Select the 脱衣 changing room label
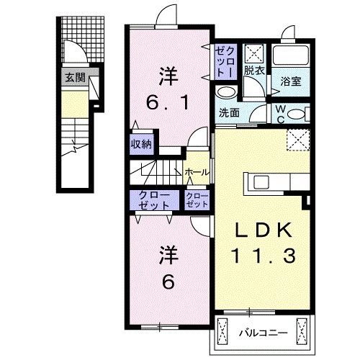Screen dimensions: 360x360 coord(253,71)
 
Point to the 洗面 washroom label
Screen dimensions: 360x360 coord(230,112)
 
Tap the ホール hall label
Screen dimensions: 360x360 coord(197,173)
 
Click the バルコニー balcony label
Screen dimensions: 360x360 coord(262,333)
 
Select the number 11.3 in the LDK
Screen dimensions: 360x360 coord(262,254)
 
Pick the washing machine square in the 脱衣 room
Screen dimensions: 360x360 coord(254,53)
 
